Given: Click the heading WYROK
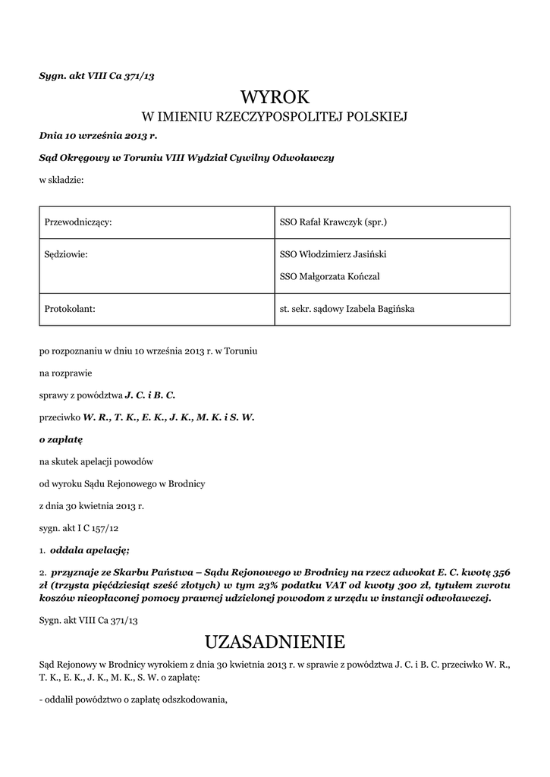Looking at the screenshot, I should tap(275, 97).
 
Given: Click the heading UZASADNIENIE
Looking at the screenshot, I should tap(275, 642).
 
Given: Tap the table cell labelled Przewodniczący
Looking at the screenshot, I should tap(79, 222).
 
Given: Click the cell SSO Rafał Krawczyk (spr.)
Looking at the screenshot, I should tap(334, 222).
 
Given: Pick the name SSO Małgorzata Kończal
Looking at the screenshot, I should tap(330, 277).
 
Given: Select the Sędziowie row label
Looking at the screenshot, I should tap(67, 255).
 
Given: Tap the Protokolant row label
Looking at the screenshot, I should tap(70, 309).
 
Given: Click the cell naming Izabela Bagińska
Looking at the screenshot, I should tap(347, 309).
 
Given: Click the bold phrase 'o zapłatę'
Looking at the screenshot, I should tap(61, 439).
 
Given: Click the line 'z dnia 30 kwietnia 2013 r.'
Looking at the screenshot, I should tap(91, 505).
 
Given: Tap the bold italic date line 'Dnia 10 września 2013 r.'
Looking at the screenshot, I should tap(98, 137).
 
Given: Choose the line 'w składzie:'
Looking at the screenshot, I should tap(61, 180).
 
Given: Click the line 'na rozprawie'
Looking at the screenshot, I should tap(68, 373).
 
